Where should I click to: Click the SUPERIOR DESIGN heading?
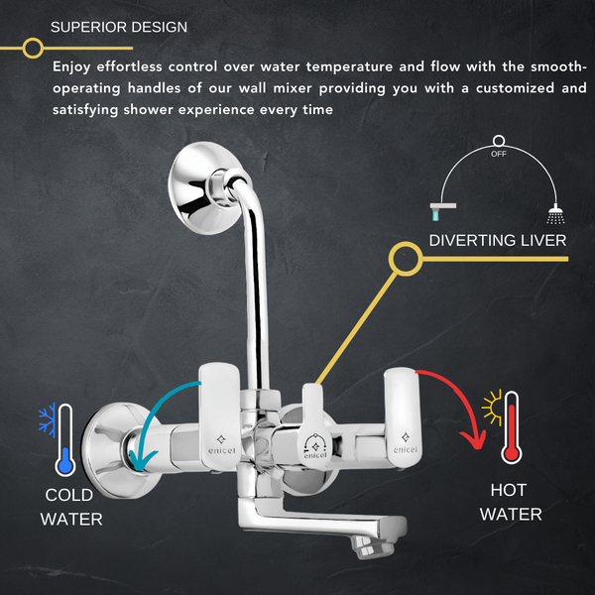click(119, 28)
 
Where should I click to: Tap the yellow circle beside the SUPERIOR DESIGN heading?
click(33, 49)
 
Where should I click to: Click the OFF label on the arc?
click(499, 154)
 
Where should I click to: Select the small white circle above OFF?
click(499, 141)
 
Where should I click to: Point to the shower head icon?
click(555, 214)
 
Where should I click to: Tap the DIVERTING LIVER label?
click(498, 241)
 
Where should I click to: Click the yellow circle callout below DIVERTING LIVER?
click(406, 259)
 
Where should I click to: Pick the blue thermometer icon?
click(65, 440)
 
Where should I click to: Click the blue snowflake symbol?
click(47, 419)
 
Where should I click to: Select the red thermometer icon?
click(511, 427)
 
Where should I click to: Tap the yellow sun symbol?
click(492, 408)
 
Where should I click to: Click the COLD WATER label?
click(71, 507)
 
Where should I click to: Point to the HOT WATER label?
click(511, 502)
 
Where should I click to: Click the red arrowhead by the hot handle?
click(474, 440)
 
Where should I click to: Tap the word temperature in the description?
click(349, 67)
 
